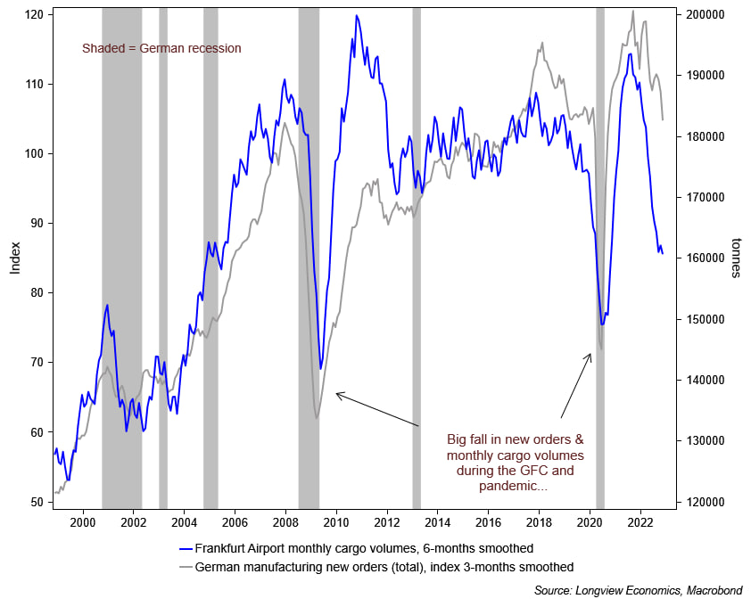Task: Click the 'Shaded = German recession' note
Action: (x=161, y=48)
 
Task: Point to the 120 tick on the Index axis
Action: (x=36, y=15)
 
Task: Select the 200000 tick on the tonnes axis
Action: (x=702, y=15)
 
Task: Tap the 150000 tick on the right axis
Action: (x=702, y=319)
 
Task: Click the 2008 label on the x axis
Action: (x=285, y=521)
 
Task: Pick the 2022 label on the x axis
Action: (x=639, y=521)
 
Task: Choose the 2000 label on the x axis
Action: (x=83, y=521)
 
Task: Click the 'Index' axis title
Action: (x=15, y=258)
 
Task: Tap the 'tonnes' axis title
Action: (x=737, y=258)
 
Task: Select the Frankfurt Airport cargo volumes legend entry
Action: (x=363, y=548)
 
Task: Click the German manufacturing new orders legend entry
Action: (x=383, y=567)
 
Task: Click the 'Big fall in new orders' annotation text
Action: (x=515, y=463)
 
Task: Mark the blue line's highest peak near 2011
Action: (x=357, y=15)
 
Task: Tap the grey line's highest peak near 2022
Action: (x=633, y=12)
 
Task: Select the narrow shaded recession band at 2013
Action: (x=417, y=250)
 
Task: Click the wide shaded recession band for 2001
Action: (x=121, y=250)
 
